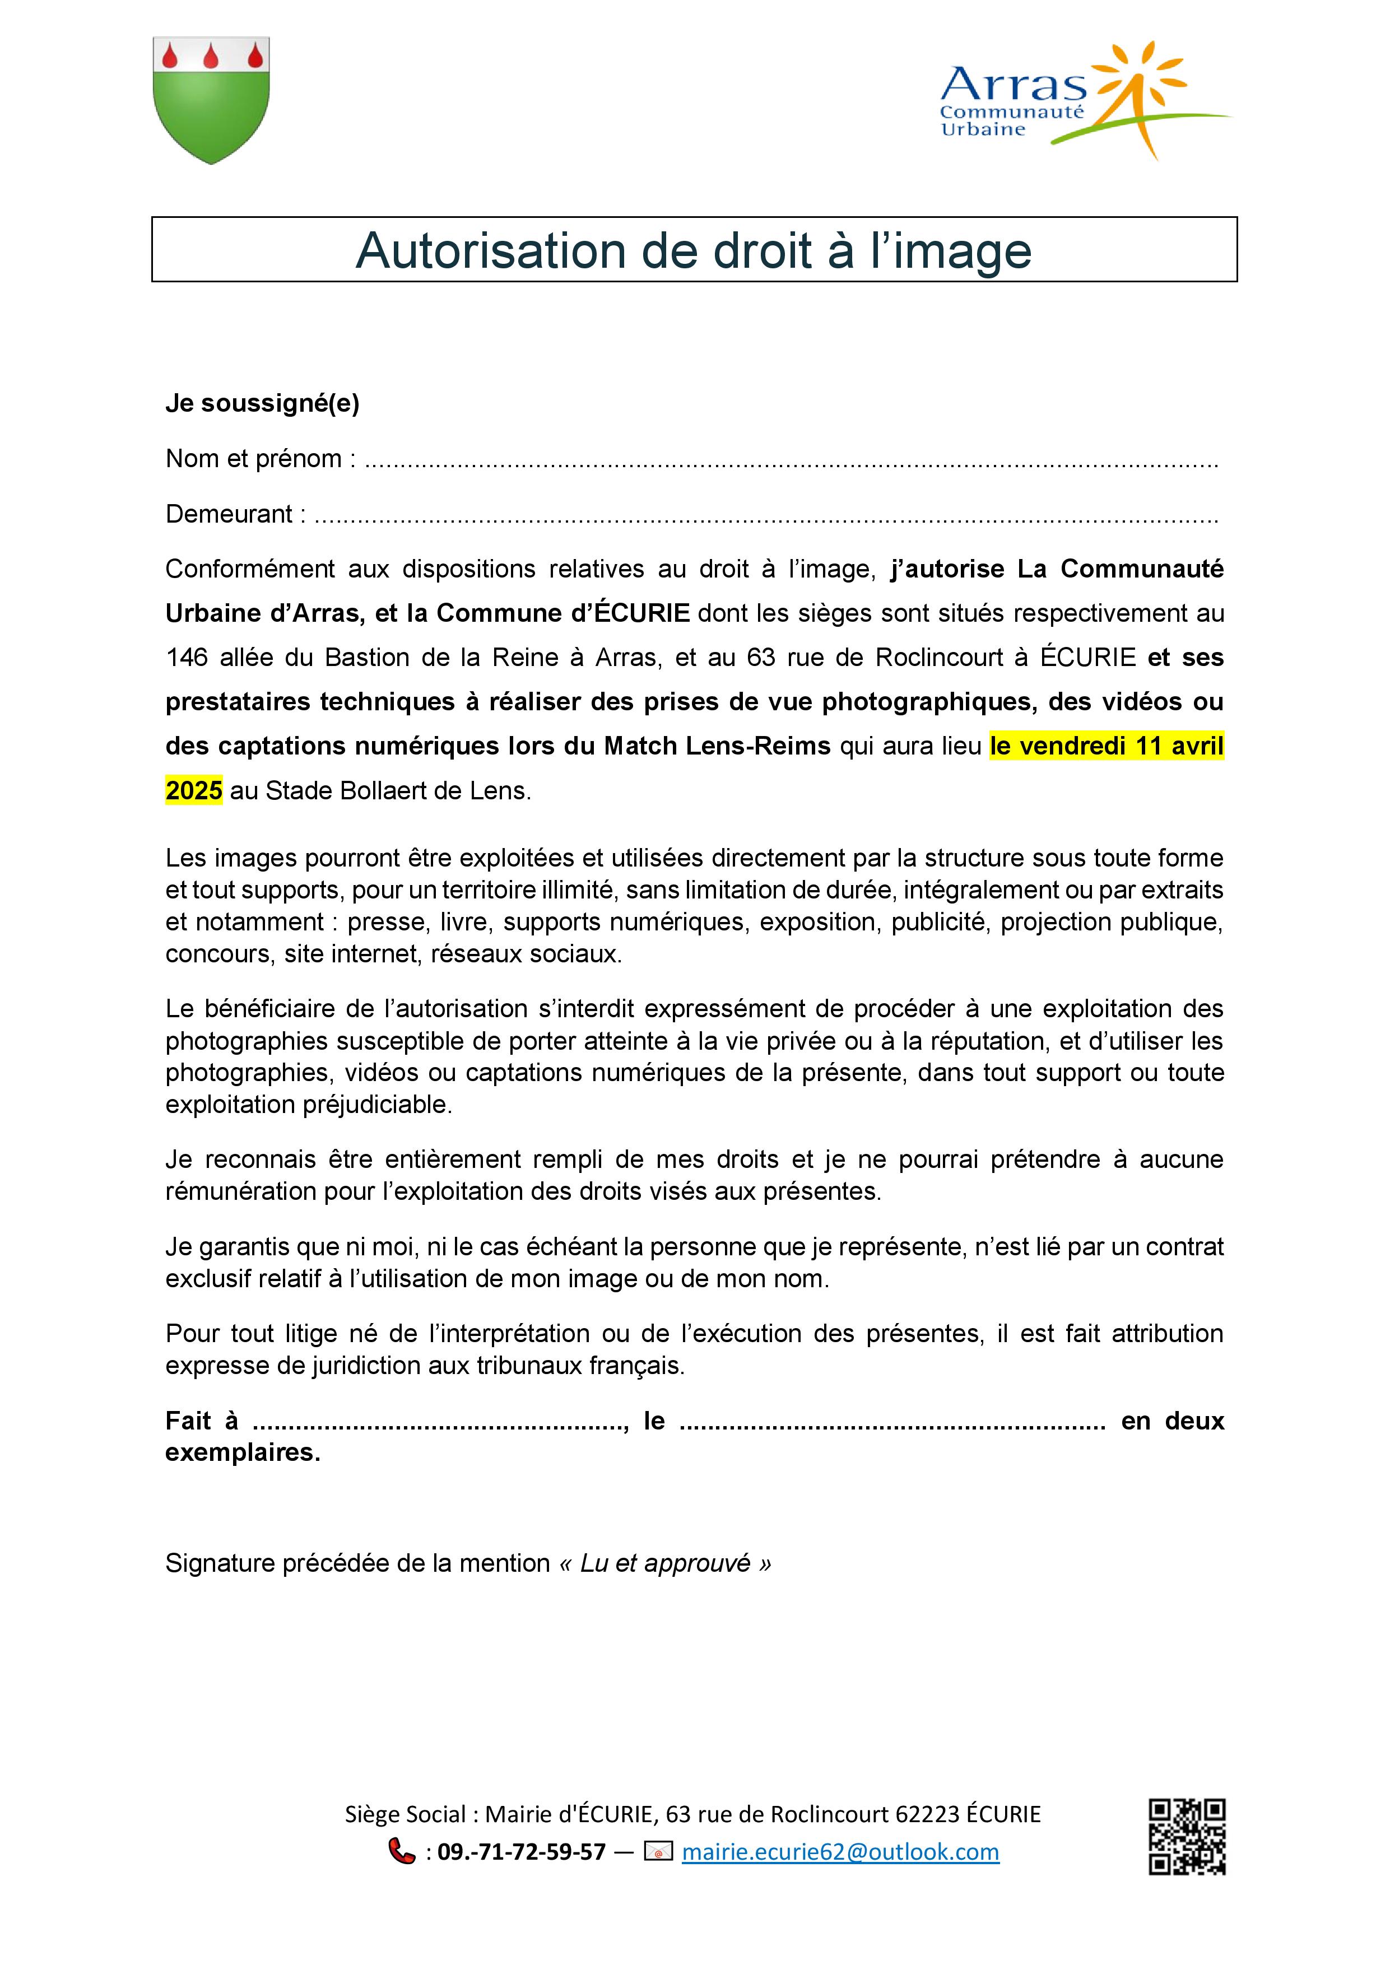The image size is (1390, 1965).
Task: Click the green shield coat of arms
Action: [211, 100]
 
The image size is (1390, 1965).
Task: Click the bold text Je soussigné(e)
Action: [262, 403]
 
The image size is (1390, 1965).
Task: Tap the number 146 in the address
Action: [187, 657]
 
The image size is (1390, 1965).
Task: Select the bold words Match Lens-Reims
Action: [717, 746]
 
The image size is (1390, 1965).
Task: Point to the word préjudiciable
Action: [376, 1104]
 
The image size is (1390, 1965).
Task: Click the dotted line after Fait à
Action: [440, 1422]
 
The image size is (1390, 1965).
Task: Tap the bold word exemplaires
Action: [242, 1452]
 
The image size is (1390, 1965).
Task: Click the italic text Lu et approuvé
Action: [665, 1563]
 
